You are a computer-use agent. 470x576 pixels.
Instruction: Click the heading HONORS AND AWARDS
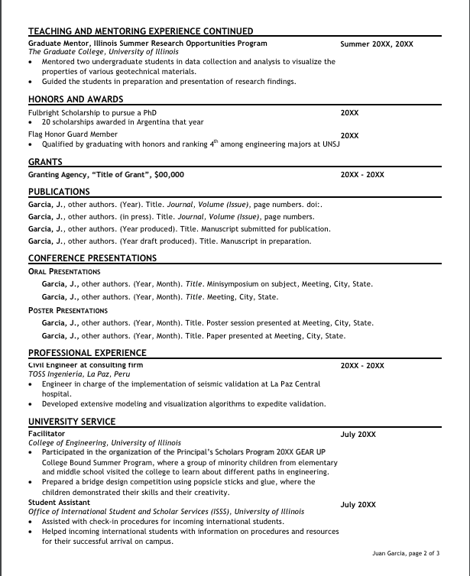tap(76, 99)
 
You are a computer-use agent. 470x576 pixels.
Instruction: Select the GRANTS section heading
tap(45, 162)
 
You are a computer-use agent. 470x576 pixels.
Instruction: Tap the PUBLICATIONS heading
tap(59, 192)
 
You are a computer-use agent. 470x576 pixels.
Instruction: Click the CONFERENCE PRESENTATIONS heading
tap(92, 258)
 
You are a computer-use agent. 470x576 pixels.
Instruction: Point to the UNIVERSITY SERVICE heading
tap(72, 421)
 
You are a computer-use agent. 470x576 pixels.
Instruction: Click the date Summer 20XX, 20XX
tap(376, 44)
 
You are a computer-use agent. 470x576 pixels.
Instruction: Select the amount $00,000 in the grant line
tap(169, 174)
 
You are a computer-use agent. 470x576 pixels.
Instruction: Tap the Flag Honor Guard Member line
tap(73, 134)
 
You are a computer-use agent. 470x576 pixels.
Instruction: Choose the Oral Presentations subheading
tap(64, 271)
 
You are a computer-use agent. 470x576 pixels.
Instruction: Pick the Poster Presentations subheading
tap(68, 310)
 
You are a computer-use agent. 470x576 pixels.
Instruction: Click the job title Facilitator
tap(47, 433)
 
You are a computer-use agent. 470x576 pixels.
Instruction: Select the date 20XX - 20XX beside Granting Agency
tap(362, 175)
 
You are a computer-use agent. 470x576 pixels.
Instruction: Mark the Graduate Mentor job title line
tap(147, 44)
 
